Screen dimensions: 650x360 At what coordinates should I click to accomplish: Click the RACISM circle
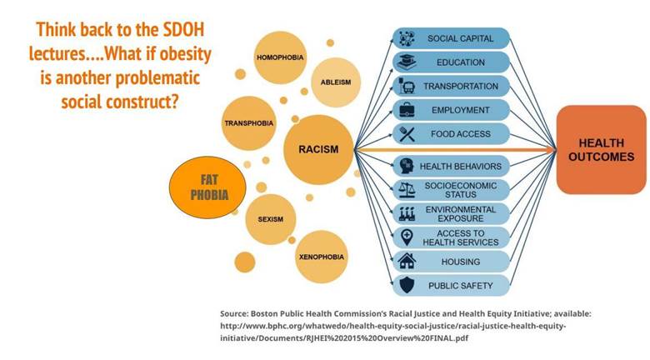coord(318,150)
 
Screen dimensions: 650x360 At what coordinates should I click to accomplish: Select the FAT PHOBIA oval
coord(207,187)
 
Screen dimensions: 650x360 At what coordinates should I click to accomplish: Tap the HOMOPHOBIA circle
coord(280,57)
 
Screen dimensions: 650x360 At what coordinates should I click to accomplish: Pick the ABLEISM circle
coord(336,82)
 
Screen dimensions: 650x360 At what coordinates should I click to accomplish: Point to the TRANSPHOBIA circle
coord(248,123)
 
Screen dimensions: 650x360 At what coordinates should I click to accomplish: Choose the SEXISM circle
coord(271,219)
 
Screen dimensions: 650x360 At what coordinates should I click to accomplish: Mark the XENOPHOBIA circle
coord(322,257)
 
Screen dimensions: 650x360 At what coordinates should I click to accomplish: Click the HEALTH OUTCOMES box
coord(601,150)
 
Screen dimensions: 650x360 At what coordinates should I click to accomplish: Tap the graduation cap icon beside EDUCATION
coord(407,62)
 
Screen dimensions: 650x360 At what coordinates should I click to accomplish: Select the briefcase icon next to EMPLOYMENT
coord(407,110)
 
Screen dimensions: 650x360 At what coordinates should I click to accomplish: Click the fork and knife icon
coord(407,134)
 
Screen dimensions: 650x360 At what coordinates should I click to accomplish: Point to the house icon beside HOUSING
coord(407,262)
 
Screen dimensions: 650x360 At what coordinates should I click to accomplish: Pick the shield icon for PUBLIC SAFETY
coord(407,285)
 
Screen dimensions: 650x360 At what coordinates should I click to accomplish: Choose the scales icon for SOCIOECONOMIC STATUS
coord(407,190)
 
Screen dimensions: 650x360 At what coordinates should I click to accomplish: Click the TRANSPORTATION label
coord(461,87)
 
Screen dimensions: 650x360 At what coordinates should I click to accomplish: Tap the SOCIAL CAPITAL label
coord(461,38)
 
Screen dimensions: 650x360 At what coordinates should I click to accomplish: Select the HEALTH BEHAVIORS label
coord(461,167)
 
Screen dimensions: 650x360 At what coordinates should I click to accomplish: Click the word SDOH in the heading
coord(182,30)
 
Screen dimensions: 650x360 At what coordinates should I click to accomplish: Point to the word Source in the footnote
coord(233,314)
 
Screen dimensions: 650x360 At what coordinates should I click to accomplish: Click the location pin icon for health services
coord(407,237)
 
